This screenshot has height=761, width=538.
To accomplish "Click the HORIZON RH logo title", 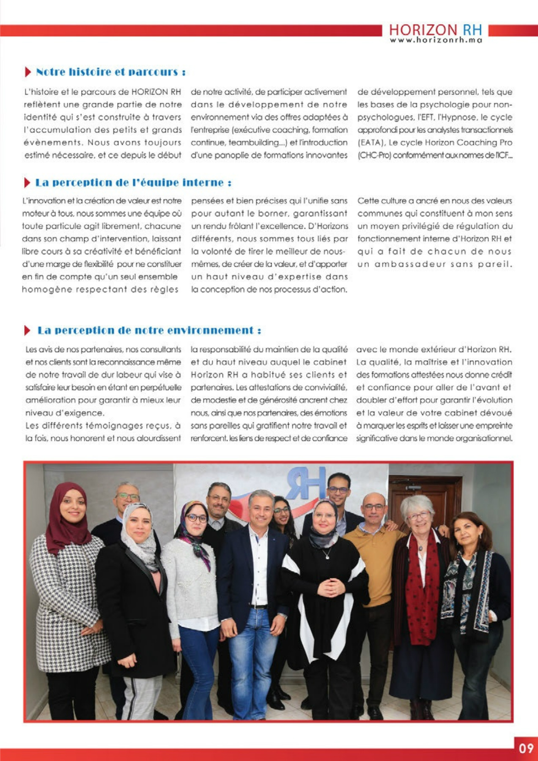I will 435,30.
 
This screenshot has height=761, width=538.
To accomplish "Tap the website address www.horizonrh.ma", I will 436,40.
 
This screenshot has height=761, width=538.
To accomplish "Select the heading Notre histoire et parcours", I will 111,72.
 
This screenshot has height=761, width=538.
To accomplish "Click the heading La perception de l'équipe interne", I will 133,183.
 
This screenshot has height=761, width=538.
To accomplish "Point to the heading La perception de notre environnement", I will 149,330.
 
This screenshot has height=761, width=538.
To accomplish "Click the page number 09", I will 526,748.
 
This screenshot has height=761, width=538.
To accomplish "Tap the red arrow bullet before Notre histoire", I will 28,72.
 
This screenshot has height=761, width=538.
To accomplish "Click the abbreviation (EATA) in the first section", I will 369,142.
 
